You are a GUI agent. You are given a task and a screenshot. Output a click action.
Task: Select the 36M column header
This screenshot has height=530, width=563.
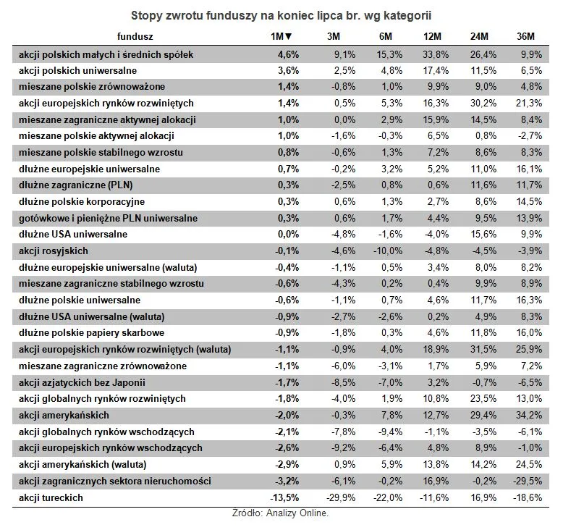[525, 36]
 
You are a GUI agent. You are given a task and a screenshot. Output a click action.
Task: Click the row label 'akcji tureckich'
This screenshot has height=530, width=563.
[51, 498]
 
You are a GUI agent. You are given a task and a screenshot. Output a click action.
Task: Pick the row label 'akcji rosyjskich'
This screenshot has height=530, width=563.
[54, 251]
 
